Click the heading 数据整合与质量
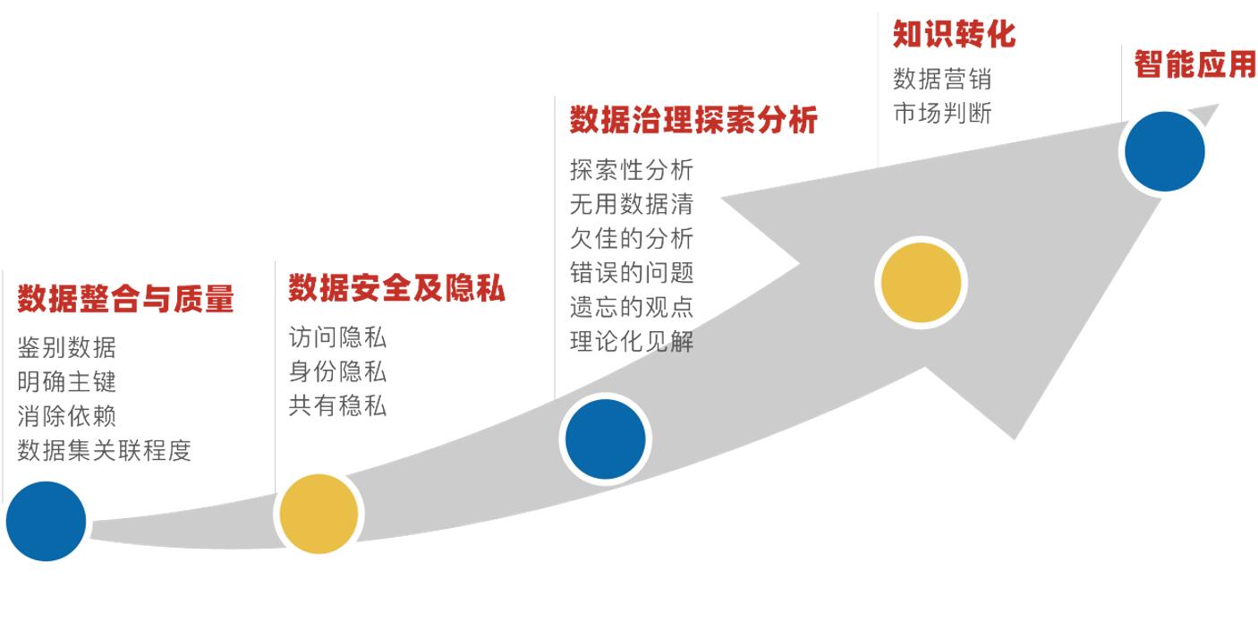125,299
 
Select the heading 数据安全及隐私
396,288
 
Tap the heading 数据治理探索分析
693,120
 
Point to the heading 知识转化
954,34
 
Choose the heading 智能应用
1194,64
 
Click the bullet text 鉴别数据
66,347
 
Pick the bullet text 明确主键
66,381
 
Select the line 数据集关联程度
104,449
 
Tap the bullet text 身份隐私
337,371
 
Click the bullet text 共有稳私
337,405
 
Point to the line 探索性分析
631,170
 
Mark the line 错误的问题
631,272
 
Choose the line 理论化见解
631,341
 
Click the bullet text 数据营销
942,79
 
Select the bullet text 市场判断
942,113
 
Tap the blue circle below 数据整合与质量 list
46,521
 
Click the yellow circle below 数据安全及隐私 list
319,514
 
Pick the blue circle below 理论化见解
605,439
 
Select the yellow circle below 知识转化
921,282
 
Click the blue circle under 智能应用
1164,151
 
